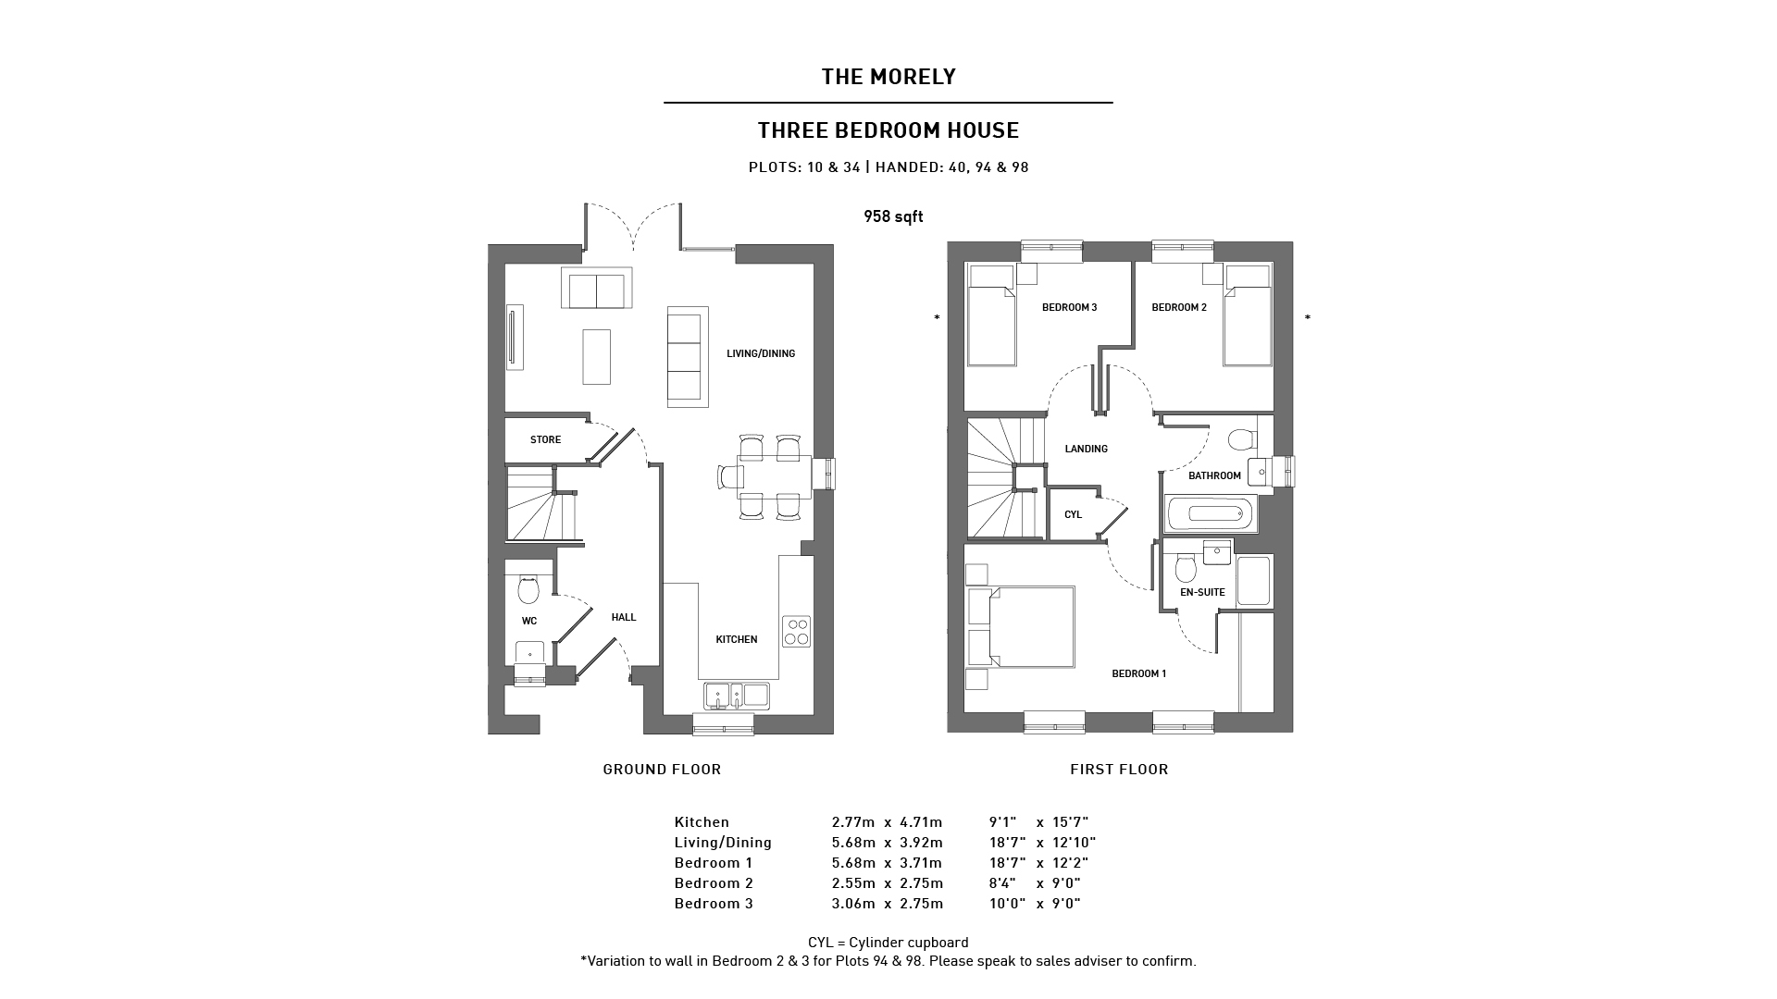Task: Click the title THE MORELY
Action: [x=888, y=77]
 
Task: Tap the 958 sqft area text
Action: [x=893, y=216]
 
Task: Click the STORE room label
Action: [x=545, y=439]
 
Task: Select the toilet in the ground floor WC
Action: [x=528, y=588]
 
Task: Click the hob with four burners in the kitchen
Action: [x=796, y=632]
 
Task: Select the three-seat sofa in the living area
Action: [x=687, y=356]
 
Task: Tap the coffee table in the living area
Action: [x=596, y=356]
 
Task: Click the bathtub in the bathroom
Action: [x=1211, y=513]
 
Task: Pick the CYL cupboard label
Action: [x=1073, y=514]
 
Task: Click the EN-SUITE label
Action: [x=1202, y=592]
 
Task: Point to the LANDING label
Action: [x=1086, y=449]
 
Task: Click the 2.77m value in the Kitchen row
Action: [x=852, y=822]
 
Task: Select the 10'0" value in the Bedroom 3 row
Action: [x=1007, y=904]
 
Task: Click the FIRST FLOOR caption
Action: [x=1119, y=770]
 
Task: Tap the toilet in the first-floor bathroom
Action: [x=1240, y=438]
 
